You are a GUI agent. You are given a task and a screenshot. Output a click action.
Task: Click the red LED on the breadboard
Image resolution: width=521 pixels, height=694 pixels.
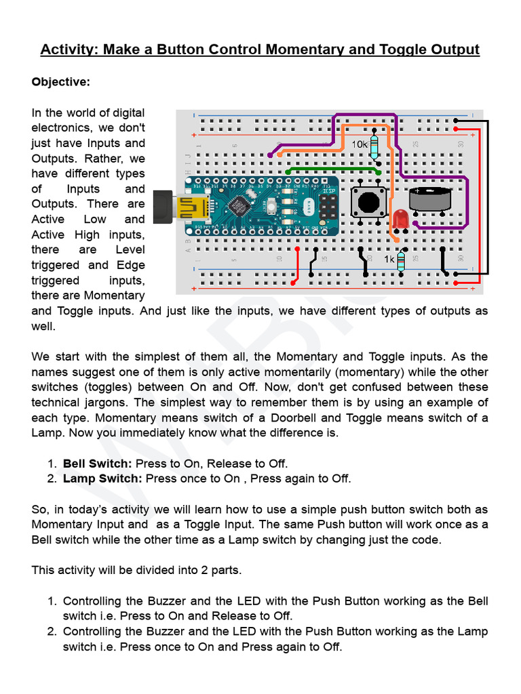point(399,219)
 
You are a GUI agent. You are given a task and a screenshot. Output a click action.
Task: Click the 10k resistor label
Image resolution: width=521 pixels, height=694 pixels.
point(360,144)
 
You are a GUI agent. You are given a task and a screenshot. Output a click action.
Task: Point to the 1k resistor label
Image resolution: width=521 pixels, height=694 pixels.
point(389,260)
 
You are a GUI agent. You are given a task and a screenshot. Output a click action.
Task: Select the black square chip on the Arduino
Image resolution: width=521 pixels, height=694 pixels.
point(239,204)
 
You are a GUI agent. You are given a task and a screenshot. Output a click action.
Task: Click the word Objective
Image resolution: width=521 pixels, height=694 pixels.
point(61,82)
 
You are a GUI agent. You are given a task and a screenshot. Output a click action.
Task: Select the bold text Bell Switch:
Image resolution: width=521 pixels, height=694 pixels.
point(98,464)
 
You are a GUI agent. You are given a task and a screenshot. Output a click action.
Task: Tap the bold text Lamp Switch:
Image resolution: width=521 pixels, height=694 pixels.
point(102,478)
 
